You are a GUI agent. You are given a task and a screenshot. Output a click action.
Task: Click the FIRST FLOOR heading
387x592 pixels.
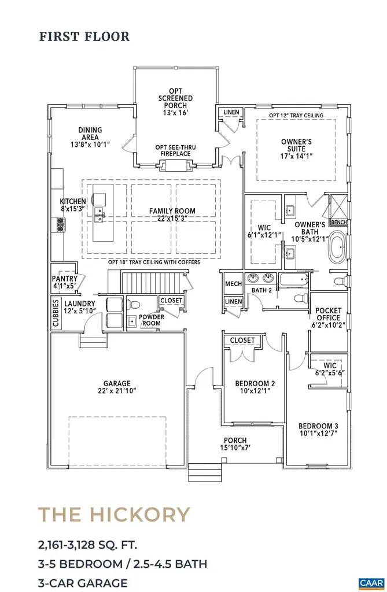[x=84, y=36]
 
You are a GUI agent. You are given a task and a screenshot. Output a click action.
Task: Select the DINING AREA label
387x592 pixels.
[x=90, y=134]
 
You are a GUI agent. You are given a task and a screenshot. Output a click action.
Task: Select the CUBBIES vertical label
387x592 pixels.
[x=56, y=312]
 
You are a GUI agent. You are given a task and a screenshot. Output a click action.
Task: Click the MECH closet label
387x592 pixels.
[x=233, y=284]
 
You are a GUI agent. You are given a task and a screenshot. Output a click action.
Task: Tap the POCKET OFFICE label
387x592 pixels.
[x=327, y=317]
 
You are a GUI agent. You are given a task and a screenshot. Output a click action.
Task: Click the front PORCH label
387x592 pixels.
[x=235, y=440]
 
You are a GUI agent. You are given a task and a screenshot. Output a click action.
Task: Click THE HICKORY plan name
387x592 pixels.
[x=114, y=514]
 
